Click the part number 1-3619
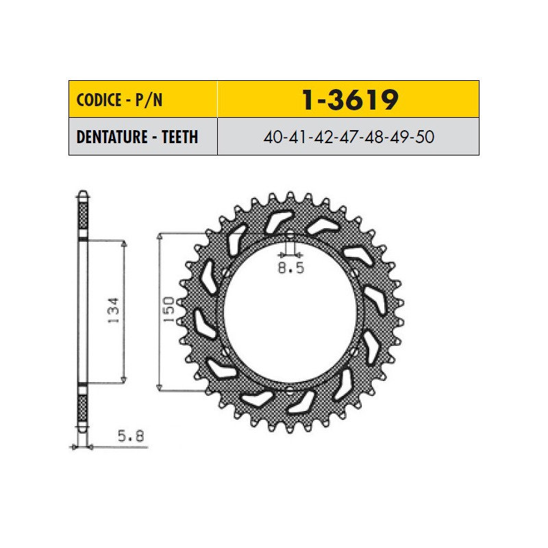click(x=349, y=99)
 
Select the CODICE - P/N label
click(x=119, y=100)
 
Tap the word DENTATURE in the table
click(x=112, y=136)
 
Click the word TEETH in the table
click(x=179, y=136)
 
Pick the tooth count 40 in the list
click(x=272, y=137)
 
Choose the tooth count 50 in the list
click(x=425, y=137)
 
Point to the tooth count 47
click(x=349, y=137)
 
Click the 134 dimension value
click(x=113, y=310)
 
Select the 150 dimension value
click(x=169, y=310)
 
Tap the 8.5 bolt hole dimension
click(x=290, y=268)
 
